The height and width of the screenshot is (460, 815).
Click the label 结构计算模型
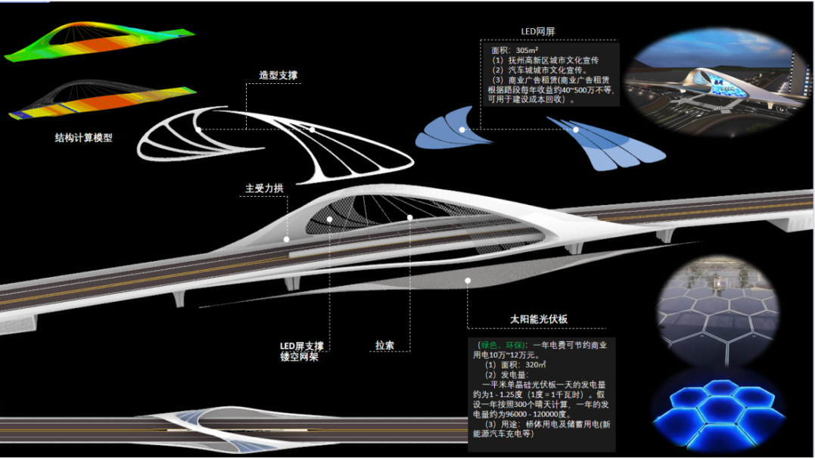[x=83, y=138]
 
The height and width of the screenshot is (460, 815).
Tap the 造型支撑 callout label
[x=278, y=75]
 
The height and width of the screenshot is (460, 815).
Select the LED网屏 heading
[x=538, y=32]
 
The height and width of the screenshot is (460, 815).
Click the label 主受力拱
[x=264, y=188]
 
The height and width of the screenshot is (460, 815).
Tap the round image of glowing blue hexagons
[x=715, y=409]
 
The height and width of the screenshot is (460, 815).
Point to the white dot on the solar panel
[x=468, y=281]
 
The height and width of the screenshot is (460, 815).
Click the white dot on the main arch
[x=287, y=239]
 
